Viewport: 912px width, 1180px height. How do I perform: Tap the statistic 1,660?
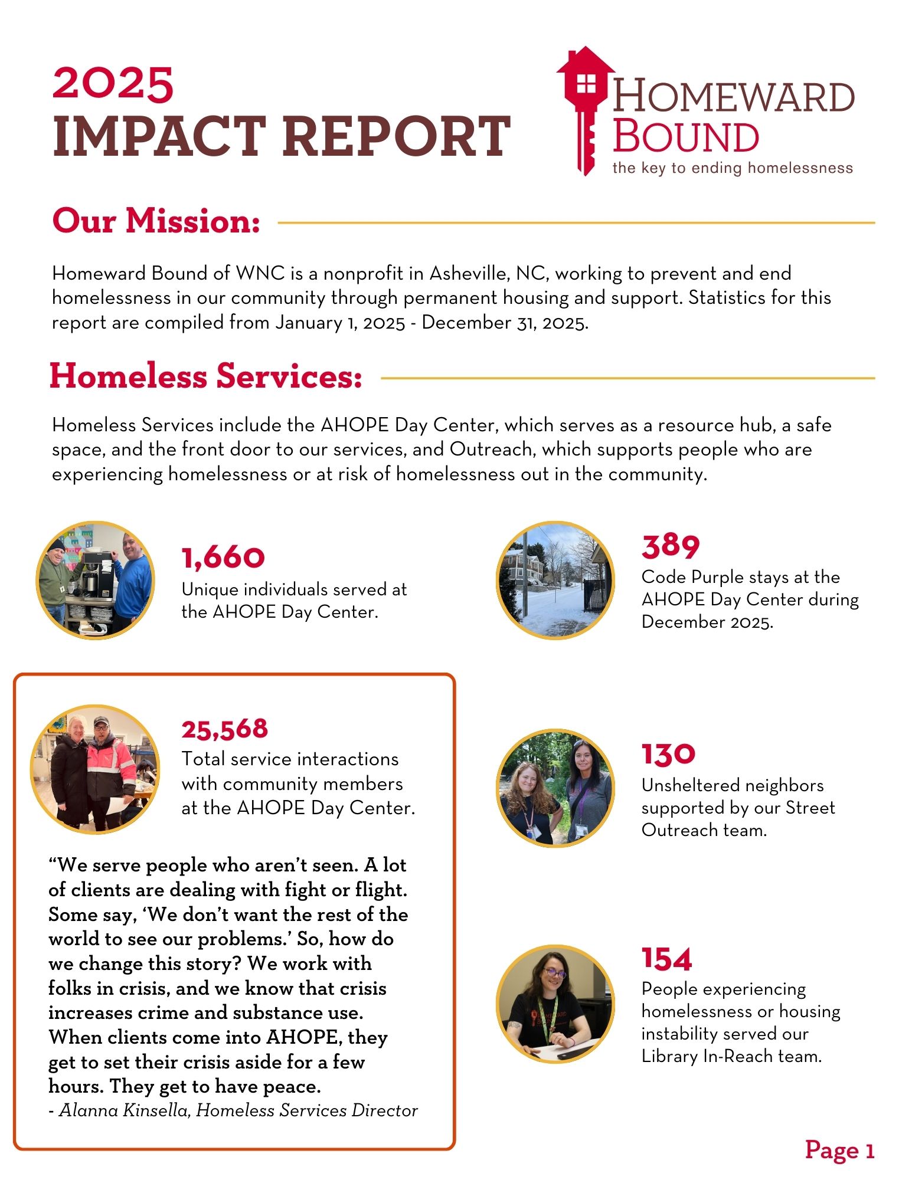223,558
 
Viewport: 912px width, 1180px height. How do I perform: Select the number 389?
671,546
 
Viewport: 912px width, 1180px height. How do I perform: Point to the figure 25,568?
224,729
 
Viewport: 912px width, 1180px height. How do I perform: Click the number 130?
668,754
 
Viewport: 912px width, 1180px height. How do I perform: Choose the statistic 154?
666,959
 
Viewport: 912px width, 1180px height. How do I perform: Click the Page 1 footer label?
839,1150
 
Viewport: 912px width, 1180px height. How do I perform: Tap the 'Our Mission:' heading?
156,221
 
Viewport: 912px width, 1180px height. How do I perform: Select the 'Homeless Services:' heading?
205,376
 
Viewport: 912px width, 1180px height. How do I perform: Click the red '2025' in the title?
113,84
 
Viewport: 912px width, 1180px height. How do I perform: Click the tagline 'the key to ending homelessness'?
732,168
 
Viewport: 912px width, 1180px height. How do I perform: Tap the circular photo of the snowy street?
555,580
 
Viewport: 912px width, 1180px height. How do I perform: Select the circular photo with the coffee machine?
95,580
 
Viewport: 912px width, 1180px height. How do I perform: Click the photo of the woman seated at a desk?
555,1004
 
